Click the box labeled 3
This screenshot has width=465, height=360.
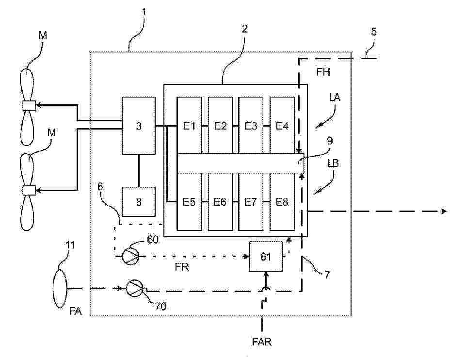139,126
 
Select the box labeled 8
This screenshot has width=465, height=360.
139,201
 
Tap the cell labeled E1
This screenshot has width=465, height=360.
189,126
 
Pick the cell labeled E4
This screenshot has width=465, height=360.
282,126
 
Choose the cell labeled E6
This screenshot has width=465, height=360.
220,202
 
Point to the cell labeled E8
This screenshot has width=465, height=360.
282,202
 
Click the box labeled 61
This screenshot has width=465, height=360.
265,256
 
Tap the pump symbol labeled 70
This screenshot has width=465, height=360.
135,288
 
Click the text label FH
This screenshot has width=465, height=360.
323,73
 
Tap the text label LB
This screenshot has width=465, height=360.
334,163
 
